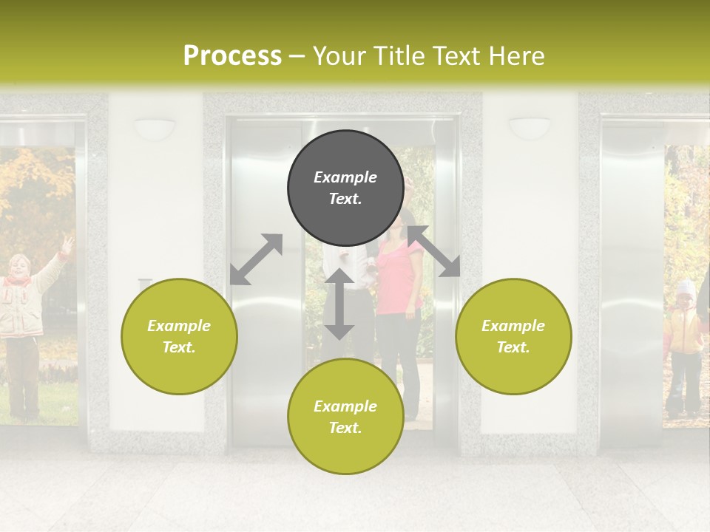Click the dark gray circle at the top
[x=345, y=188]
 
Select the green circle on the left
[x=179, y=336]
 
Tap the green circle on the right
[x=513, y=336]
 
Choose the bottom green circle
[x=345, y=416]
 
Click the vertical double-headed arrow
[x=339, y=304]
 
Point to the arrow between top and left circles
[x=256, y=259]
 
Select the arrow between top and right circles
[x=434, y=251]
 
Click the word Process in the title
[x=232, y=55]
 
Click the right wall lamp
[x=530, y=127]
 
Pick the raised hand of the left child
[x=67, y=243]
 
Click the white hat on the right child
[x=687, y=286]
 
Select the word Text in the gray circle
[x=345, y=199]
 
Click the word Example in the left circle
[x=179, y=326]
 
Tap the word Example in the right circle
[x=513, y=326]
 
